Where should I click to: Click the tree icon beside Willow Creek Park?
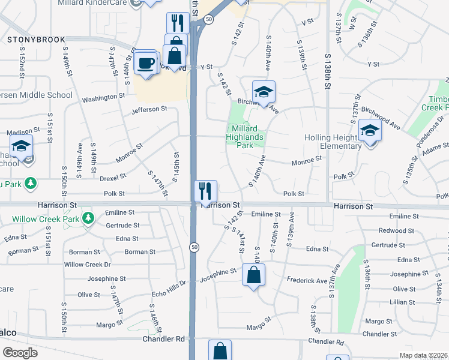88,217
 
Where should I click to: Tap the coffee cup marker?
146,62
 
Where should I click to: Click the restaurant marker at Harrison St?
205,191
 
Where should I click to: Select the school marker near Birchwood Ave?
263,92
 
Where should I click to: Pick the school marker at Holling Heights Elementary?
370,131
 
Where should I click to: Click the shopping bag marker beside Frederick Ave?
254,275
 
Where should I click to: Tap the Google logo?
20,353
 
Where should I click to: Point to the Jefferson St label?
149,109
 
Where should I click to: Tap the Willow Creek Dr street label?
88,264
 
